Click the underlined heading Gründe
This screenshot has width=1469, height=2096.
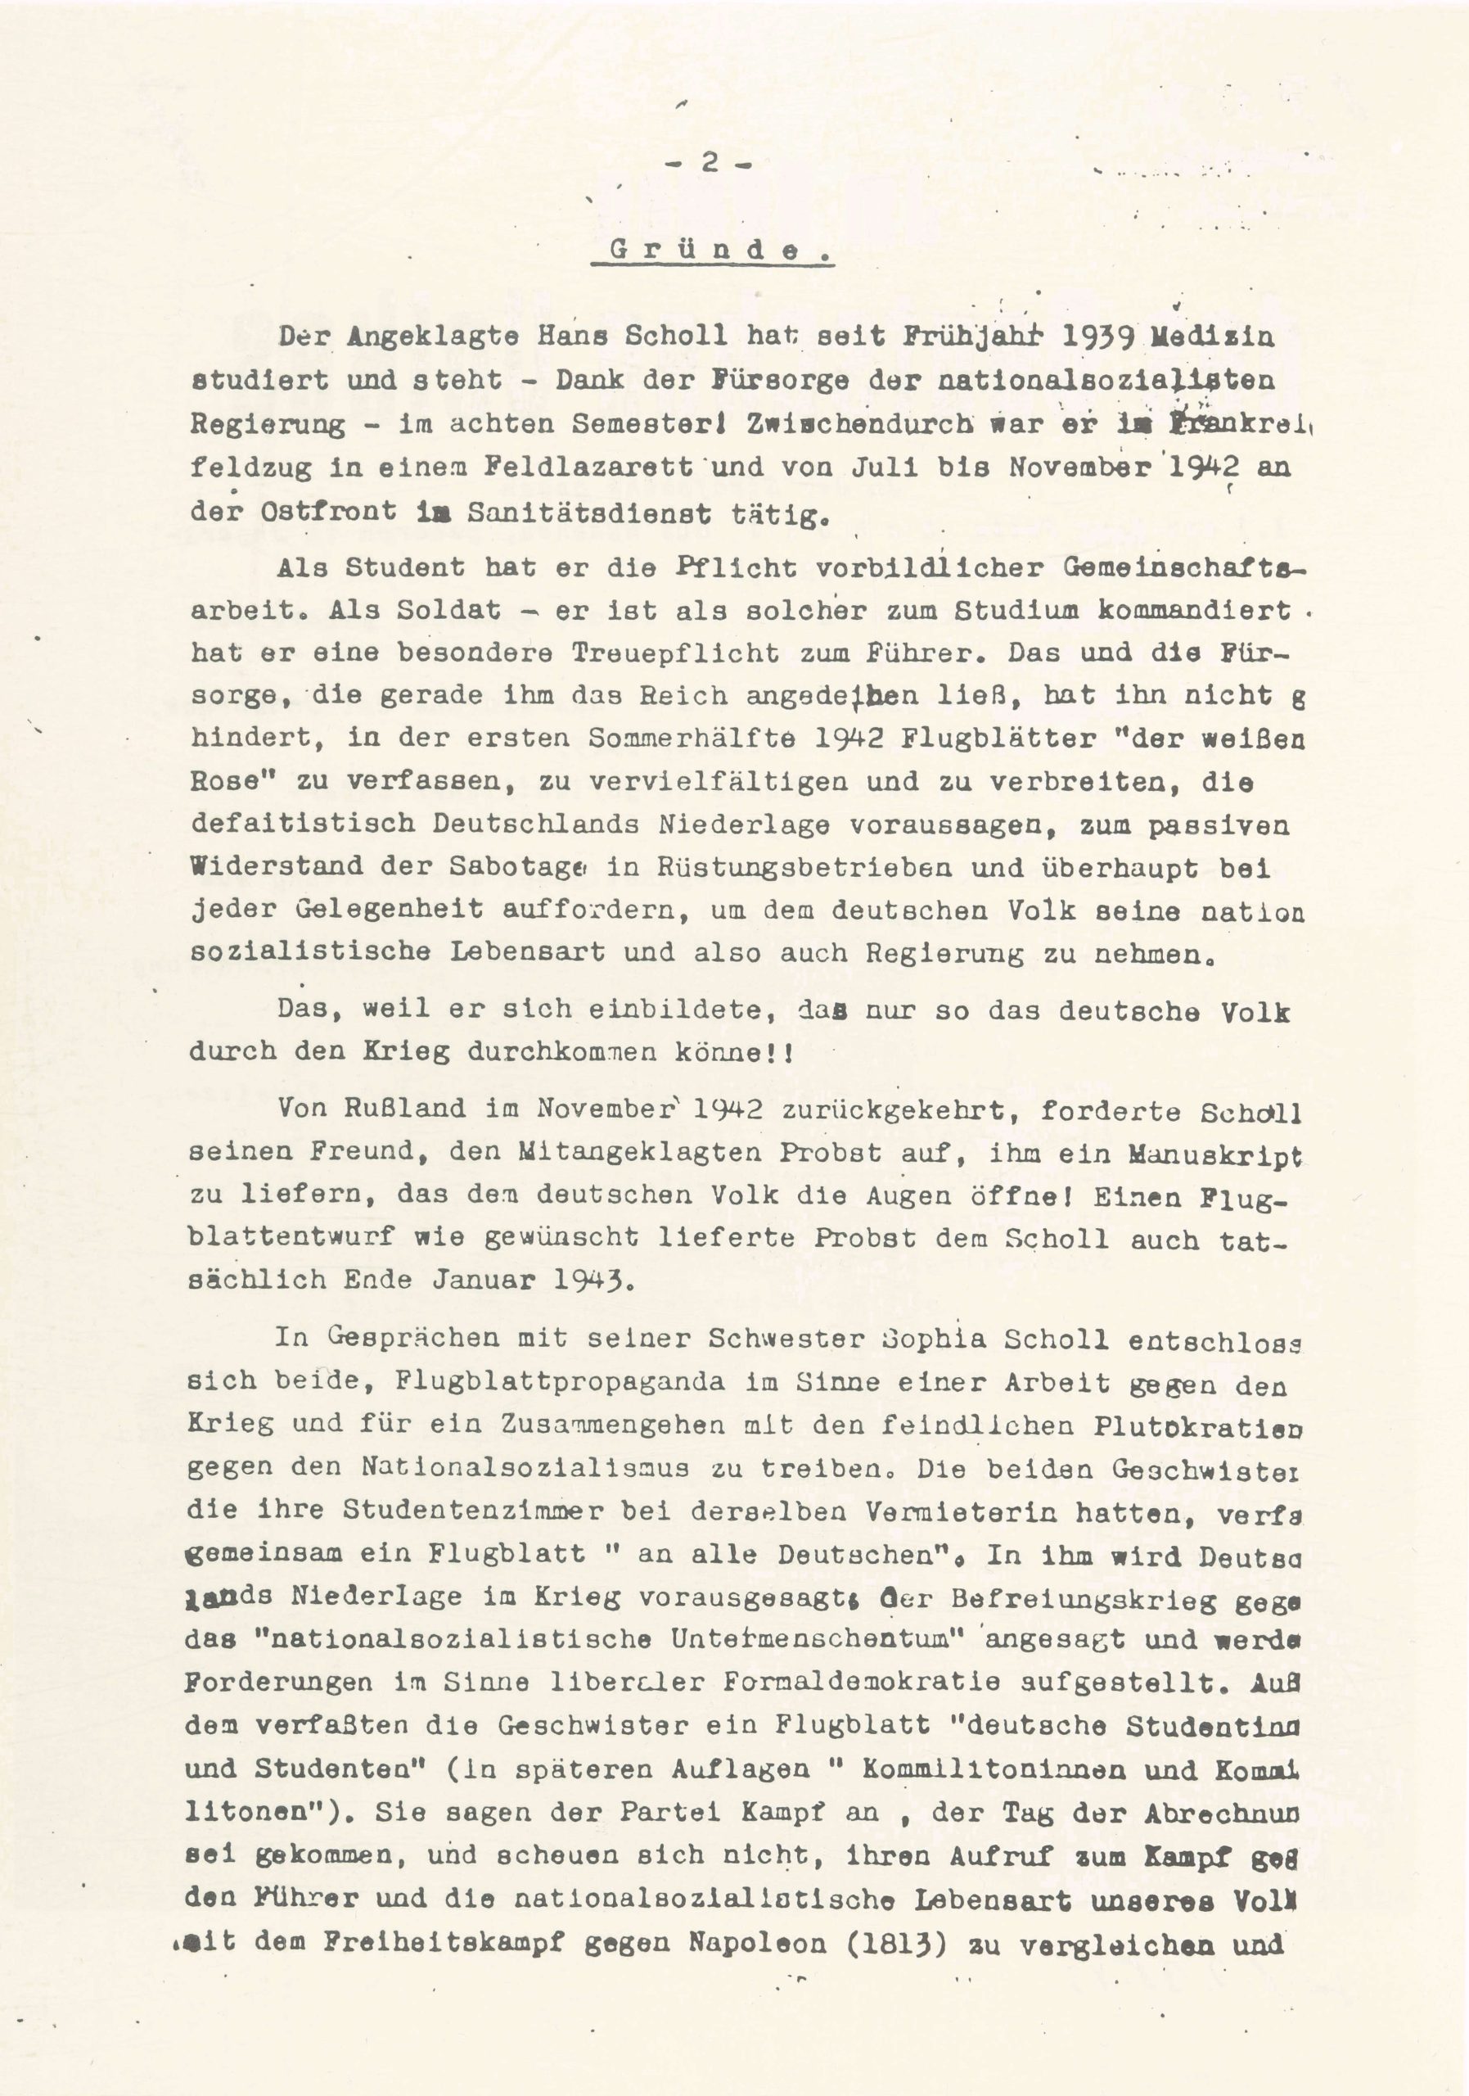tap(712, 252)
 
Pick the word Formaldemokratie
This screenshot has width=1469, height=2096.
tap(848, 1682)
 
